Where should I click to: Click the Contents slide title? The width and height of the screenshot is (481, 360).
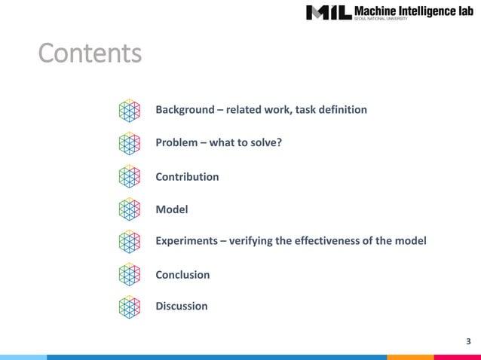click(x=90, y=54)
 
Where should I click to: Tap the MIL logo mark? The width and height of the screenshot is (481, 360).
click(x=329, y=13)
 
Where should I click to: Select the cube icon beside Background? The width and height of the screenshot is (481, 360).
click(x=130, y=111)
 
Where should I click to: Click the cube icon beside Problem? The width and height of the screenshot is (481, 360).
click(x=130, y=143)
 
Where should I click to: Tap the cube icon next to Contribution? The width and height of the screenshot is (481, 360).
click(x=130, y=176)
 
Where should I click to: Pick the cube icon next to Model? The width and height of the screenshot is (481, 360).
click(x=130, y=209)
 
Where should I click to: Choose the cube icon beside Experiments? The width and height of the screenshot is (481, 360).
click(x=130, y=241)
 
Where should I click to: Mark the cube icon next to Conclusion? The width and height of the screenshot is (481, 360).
click(x=130, y=274)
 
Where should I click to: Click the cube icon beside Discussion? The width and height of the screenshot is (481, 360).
click(x=130, y=307)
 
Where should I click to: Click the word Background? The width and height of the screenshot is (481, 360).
click(x=185, y=110)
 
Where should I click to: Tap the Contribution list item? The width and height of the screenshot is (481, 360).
click(x=187, y=177)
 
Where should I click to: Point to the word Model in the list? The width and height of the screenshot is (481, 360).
click(x=171, y=209)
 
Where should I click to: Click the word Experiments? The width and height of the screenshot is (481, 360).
click(x=186, y=241)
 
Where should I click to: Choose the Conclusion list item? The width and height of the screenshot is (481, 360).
click(x=182, y=275)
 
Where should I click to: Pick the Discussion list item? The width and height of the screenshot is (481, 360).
click(x=181, y=307)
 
